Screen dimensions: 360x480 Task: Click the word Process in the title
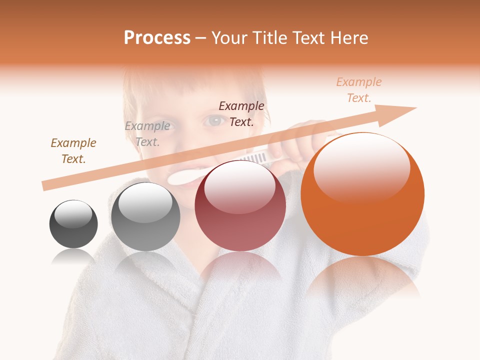click(157, 37)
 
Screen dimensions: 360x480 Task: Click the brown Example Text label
click(73, 151)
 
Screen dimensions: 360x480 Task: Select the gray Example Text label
click(147, 134)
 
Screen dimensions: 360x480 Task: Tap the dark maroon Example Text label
click(241, 113)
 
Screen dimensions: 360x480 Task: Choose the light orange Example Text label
click(358, 90)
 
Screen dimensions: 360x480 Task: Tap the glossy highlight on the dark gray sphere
click(73, 214)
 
